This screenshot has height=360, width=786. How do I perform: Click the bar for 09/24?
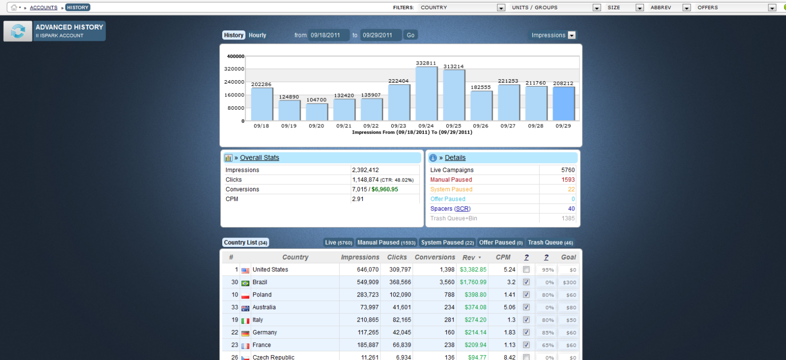click(426, 93)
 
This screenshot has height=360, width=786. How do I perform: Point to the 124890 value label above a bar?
click(289, 97)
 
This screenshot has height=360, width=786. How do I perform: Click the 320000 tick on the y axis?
click(234, 69)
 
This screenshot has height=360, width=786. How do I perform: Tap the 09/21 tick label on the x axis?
click(344, 126)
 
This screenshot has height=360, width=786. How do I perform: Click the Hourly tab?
click(257, 35)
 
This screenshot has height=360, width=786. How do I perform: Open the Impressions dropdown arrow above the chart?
click(572, 35)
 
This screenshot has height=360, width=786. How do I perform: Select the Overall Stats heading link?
click(260, 158)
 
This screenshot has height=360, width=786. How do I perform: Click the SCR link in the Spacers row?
click(463, 209)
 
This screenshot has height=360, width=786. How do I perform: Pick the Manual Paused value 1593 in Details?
click(568, 180)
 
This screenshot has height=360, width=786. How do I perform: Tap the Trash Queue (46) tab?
click(550, 242)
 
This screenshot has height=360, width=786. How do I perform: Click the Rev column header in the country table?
click(469, 258)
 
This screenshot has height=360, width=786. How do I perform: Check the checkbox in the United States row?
click(526, 270)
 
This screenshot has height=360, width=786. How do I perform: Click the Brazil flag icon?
click(245, 283)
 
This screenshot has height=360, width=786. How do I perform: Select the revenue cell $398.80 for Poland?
click(475, 295)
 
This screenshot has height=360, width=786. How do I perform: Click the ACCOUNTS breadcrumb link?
click(44, 8)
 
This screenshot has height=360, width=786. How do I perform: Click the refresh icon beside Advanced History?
click(18, 31)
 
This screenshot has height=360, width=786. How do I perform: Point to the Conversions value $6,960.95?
click(385, 189)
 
